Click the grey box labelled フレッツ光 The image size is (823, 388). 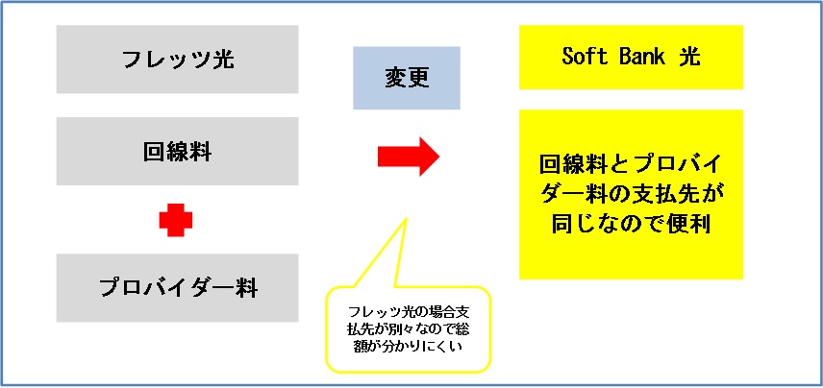click(178, 60)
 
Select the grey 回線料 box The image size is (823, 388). click(178, 152)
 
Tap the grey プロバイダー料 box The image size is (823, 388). click(178, 287)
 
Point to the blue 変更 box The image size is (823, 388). click(407, 76)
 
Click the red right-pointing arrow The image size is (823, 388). click(407, 157)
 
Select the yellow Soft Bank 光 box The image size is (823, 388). click(631, 57)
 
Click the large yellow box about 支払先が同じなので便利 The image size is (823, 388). click(631, 194)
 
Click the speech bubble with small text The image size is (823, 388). click(410, 327)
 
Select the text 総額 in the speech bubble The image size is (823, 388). click(466, 327)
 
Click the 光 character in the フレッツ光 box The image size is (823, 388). click(221, 60)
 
